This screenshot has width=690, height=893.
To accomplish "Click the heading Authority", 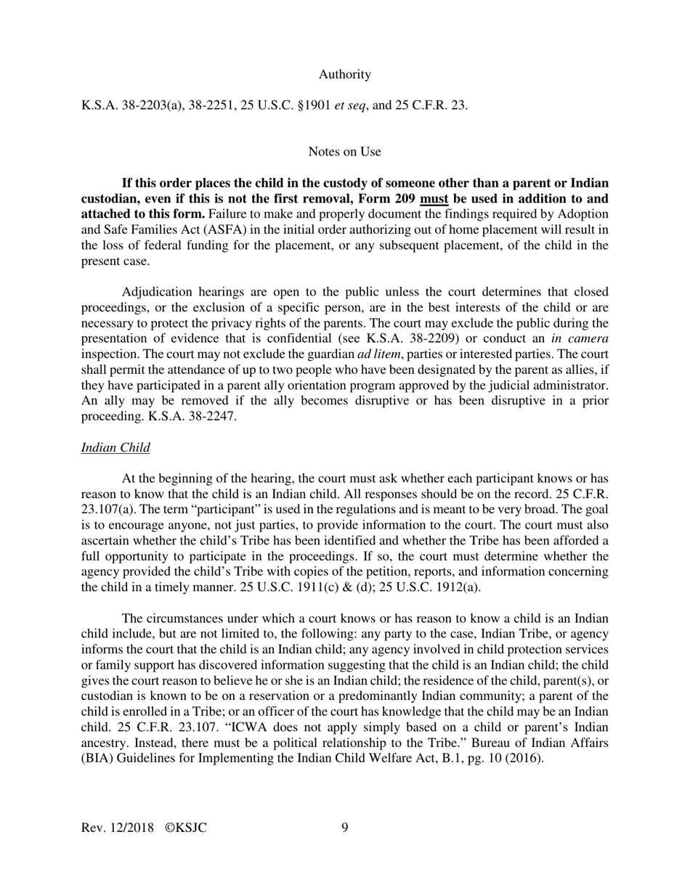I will [344, 74].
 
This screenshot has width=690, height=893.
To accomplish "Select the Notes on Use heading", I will [344, 151].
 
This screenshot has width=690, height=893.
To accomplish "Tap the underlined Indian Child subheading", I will [115, 447].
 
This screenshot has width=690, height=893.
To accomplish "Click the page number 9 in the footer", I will [344, 828].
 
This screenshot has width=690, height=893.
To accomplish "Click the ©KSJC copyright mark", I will [186, 828].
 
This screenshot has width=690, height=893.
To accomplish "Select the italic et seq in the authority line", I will [350, 105].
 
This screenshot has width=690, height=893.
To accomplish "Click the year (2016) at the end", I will [524, 759].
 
